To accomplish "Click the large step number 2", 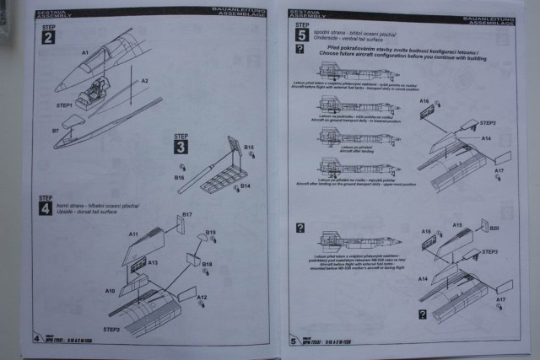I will (46, 38).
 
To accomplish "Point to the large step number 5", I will (300, 35).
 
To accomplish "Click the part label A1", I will (84, 53).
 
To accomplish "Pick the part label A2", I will (144, 81).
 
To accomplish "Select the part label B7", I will (55, 132).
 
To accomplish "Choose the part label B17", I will (187, 215).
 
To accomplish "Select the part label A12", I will (202, 298).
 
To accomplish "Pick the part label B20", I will (494, 228).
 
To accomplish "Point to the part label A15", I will (457, 225).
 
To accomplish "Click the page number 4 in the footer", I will (36, 340).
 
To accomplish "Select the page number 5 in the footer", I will (293, 341).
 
